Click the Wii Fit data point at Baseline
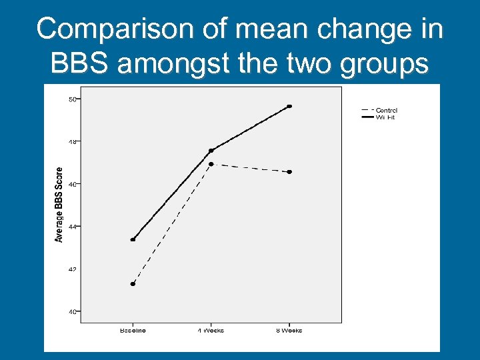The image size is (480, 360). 133,240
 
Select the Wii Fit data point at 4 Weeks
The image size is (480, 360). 211,151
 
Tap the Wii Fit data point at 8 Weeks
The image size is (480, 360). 289,106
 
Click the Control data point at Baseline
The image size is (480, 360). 133,284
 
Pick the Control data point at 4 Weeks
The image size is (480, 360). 211,164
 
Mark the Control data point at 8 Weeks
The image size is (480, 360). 289,172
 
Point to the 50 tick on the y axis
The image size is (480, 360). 72,99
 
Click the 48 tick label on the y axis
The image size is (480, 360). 72,141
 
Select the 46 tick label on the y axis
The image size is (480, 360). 72,184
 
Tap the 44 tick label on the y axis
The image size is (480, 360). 72,227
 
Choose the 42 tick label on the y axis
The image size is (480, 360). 72,269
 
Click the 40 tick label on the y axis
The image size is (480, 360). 72,311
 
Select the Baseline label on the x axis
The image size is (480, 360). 133,330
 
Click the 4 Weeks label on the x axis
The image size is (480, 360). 211,330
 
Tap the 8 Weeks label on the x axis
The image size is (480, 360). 289,330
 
